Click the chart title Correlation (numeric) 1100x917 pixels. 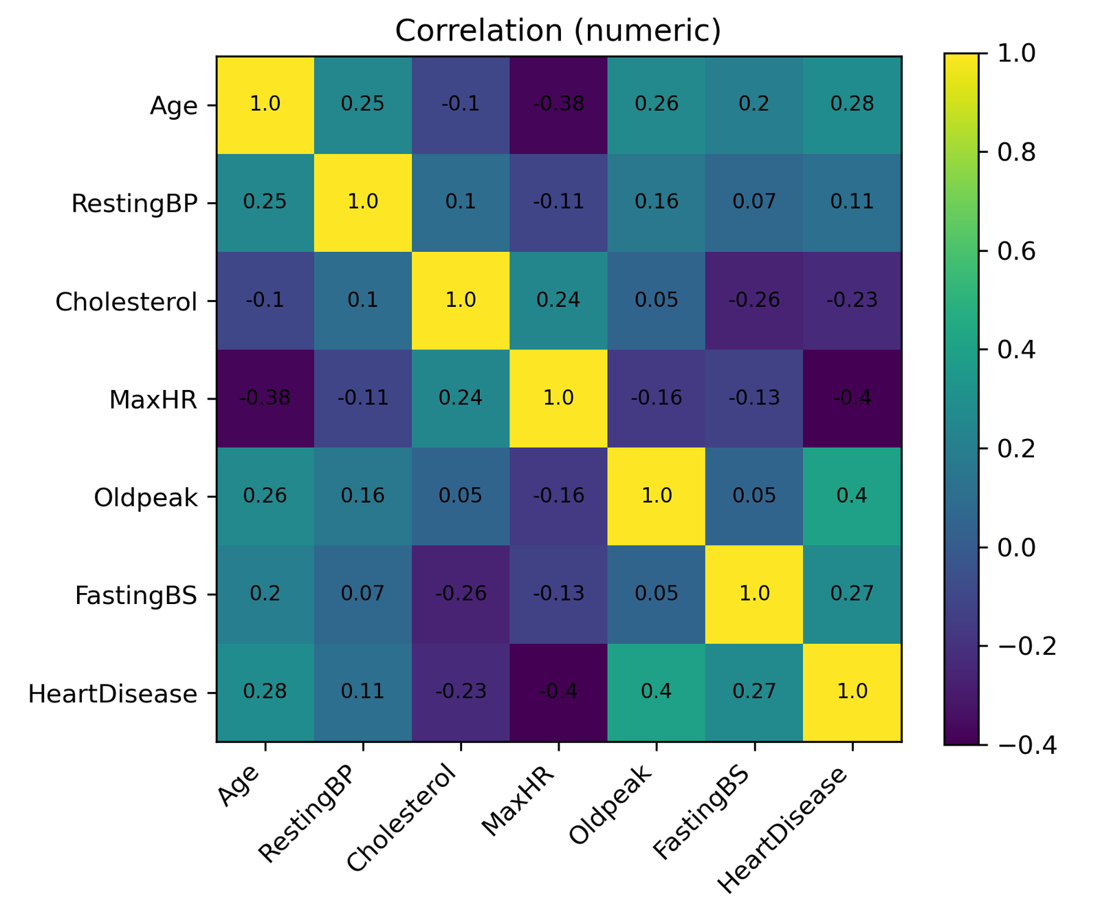[x=558, y=31]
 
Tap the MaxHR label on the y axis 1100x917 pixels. [x=153, y=400]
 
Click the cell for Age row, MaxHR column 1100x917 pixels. [x=558, y=105]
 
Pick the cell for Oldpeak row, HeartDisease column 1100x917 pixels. [x=852, y=497]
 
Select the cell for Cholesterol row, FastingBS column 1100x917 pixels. [x=754, y=301]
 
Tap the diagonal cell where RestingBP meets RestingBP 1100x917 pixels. [x=363, y=202]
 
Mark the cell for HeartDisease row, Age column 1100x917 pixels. [x=265, y=692]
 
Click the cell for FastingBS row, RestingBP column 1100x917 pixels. [x=363, y=594]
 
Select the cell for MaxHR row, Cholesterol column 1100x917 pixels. [x=461, y=398]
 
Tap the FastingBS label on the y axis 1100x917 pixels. [x=136, y=595]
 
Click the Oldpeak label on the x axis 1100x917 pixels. [x=613, y=806]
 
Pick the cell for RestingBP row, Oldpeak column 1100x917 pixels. [x=657, y=202]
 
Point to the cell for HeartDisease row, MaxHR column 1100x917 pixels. [x=558, y=692]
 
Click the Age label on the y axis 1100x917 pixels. [x=174, y=106]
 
